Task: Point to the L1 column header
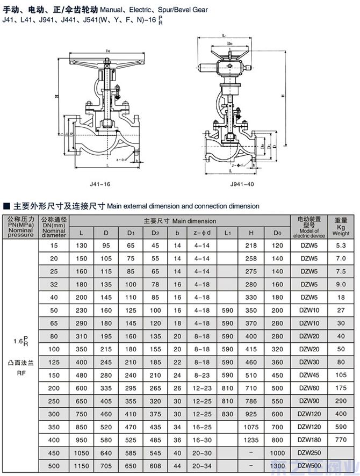click(227, 233)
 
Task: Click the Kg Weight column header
click(341, 227)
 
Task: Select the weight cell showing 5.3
click(341, 246)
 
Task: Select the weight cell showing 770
click(341, 439)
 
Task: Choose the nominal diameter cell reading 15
click(54, 246)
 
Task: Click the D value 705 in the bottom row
click(106, 465)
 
